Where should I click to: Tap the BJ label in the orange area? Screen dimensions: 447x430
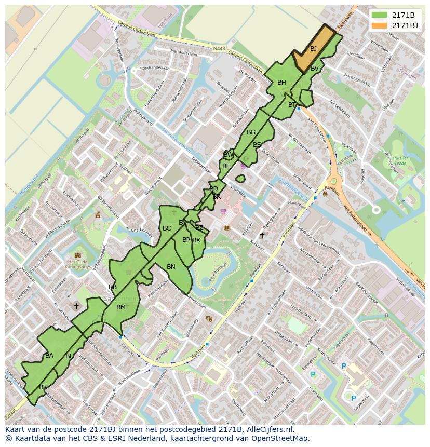pyautogui.click(x=313, y=49)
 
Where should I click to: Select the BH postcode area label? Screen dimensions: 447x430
pyautogui.click(x=281, y=83)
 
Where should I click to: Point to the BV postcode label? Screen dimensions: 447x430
pyautogui.click(x=315, y=69)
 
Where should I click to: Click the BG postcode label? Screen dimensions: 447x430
pyautogui.click(x=251, y=132)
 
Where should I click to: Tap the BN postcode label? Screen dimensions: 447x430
pyautogui.click(x=171, y=267)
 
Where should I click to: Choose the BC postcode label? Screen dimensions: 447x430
pyautogui.click(x=167, y=228)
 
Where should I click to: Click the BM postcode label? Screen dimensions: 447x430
pyautogui.click(x=120, y=307)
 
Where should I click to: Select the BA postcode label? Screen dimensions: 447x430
pyautogui.click(x=49, y=356)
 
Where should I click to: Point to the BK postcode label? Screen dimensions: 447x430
pyautogui.click(x=43, y=387)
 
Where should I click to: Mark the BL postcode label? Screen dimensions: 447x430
pyautogui.click(x=69, y=356)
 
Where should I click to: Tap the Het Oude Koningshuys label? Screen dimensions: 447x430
pyautogui.click(x=78, y=265)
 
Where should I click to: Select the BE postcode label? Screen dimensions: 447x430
pyautogui.click(x=226, y=166)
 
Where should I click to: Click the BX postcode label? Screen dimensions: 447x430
pyautogui.click(x=196, y=240)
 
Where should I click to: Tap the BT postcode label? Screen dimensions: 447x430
pyautogui.click(x=292, y=105)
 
